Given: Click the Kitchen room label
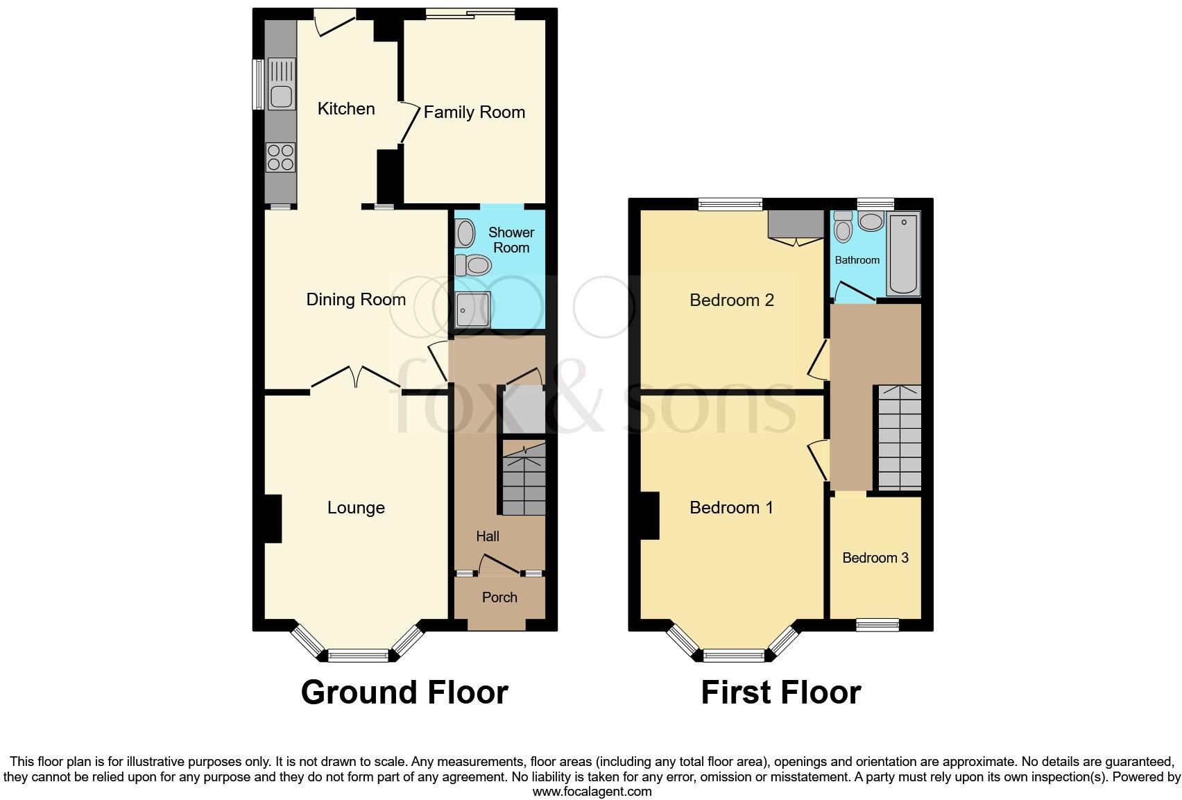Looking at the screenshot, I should (x=346, y=109).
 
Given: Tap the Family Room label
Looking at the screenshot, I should (x=474, y=112).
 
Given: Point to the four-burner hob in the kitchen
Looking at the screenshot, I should (x=280, y=157).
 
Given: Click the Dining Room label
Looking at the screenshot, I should (x=356, y=300).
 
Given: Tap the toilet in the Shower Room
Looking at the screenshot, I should (x=474, y=264).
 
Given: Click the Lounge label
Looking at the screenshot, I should (x=356, y=508).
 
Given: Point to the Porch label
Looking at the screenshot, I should (x=499, y=597).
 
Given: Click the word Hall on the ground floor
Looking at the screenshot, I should (x=488, y=536).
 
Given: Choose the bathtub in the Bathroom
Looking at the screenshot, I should (x=903, y=255).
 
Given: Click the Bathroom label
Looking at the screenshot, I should (x=857, y=260).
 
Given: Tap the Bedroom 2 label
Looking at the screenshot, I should (x=732, y=300).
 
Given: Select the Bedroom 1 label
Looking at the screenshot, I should (x=731, y=508).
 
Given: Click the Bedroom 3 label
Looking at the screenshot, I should (x=875, y=558).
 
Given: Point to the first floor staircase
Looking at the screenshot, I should (x=900, y=438).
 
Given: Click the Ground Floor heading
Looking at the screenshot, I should (x=404, y=692).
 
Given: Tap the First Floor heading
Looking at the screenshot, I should (x=781, y=692).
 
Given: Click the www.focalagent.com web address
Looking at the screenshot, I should (x=592, y=792).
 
